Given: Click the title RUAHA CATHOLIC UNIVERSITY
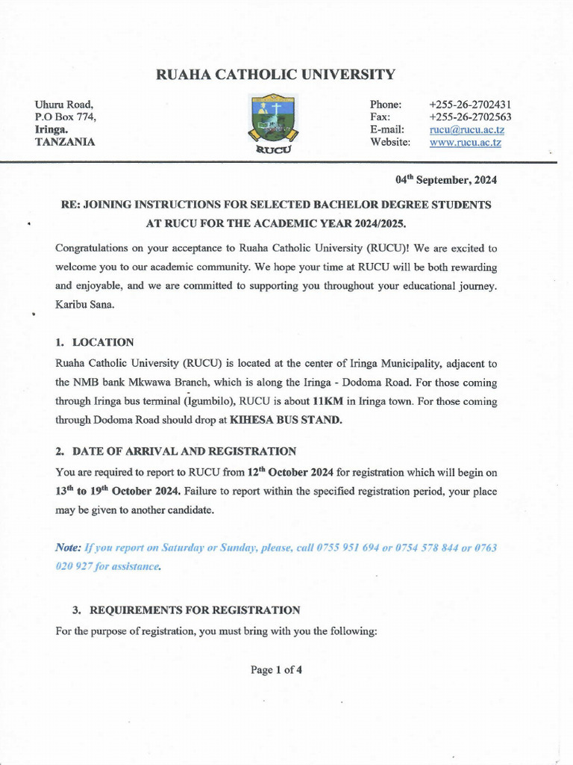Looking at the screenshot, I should [x=275, y=74].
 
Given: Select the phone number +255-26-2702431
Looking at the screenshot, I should [x=470, y=105].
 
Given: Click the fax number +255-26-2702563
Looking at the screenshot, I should [x=470, y=117].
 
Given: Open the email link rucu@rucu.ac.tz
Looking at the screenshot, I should [x=467, y=130].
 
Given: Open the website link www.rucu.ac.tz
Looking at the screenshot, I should [x=466, y=143].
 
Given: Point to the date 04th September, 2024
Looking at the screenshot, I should [x=446, y=180].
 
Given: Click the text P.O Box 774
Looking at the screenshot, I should [x=66, y=117].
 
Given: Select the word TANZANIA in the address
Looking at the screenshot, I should [x=65, y=142].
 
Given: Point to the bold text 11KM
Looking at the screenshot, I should [x=328, y=400].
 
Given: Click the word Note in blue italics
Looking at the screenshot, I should [x=68, y=548].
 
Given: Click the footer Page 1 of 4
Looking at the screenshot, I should [x=276, y=670].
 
